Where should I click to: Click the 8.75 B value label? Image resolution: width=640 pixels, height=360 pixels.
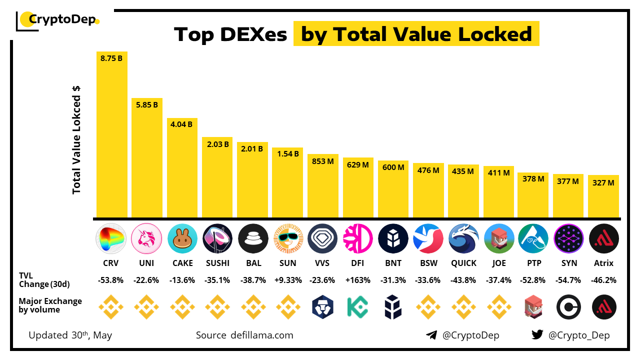click(x=111, y=58)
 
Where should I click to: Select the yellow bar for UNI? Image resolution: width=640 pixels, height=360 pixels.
click(x=147, y=160)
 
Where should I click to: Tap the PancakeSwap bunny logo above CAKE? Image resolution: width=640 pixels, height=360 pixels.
click(x=182, y=238)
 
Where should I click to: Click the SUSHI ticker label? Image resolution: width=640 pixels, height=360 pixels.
click(x=217, y=263)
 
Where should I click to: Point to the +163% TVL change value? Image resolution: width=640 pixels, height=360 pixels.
click(x=358, y=280)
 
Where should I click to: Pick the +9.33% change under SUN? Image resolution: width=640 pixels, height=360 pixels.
click(x=287, y=280)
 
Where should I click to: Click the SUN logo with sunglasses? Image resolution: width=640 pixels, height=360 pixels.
click(x=287, y=238)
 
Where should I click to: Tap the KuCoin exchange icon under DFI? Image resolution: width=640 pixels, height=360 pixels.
click(x=358, y=307)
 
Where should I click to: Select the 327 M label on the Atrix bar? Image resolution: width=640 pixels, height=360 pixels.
click(x=603, y=182)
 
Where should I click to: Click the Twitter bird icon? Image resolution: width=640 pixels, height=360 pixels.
click(x=537, y=335)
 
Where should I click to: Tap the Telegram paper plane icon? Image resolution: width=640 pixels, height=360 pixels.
click(x=431, y=335)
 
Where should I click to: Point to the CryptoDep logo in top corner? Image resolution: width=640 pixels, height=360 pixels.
click(x=57, y=20)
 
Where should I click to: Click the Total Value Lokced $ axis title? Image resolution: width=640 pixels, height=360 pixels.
click(x=76, y=140)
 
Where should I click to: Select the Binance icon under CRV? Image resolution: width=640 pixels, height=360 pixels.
click(x=111, y=307)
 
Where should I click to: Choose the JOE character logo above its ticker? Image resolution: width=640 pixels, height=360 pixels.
click(x=499, y=238)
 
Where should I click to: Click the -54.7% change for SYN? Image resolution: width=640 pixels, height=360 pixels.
click(x=569, y=280)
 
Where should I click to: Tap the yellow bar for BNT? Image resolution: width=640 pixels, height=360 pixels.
click(x=393, y=192)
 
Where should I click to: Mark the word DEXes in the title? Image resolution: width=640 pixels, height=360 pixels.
click(x=253, y=34)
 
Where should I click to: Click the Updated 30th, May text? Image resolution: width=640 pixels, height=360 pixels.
click(x=70, y=335)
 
